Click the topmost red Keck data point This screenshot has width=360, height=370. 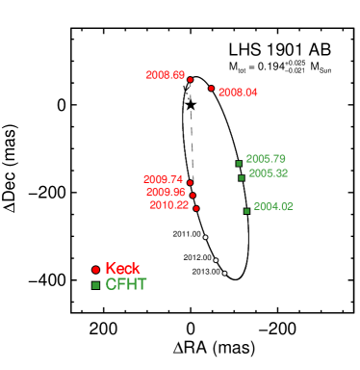tap(190, 79)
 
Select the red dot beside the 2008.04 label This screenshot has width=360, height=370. tap(211, 88)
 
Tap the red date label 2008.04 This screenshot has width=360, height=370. tap(238, 92)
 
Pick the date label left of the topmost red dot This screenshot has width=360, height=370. tap(165, 75)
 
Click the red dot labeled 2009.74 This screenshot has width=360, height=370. tap(190, 182)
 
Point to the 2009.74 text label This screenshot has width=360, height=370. tap(163, 179)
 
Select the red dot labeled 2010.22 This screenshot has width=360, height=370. tap(196, 208)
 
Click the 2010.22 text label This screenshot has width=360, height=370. tap(168, 205)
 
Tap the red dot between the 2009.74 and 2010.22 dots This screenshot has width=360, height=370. tap(193, 196)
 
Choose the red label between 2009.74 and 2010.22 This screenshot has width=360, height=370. tap(166, 192)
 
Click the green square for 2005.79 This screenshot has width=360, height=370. tap(239, 163)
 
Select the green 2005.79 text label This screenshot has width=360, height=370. tap(265, 159)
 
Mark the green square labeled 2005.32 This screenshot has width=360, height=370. tap(242, 177)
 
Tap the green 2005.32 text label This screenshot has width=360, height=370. tap(268, 173)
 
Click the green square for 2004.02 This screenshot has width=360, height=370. tap(246, 210)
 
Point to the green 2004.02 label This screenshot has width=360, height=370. tap(273, 207)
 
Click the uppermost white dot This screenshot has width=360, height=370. tap(205, 236)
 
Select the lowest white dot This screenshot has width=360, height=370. tap(224, 273)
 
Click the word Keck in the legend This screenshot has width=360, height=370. tap(122, 269)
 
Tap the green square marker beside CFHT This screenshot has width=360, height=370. tap(95, 285)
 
